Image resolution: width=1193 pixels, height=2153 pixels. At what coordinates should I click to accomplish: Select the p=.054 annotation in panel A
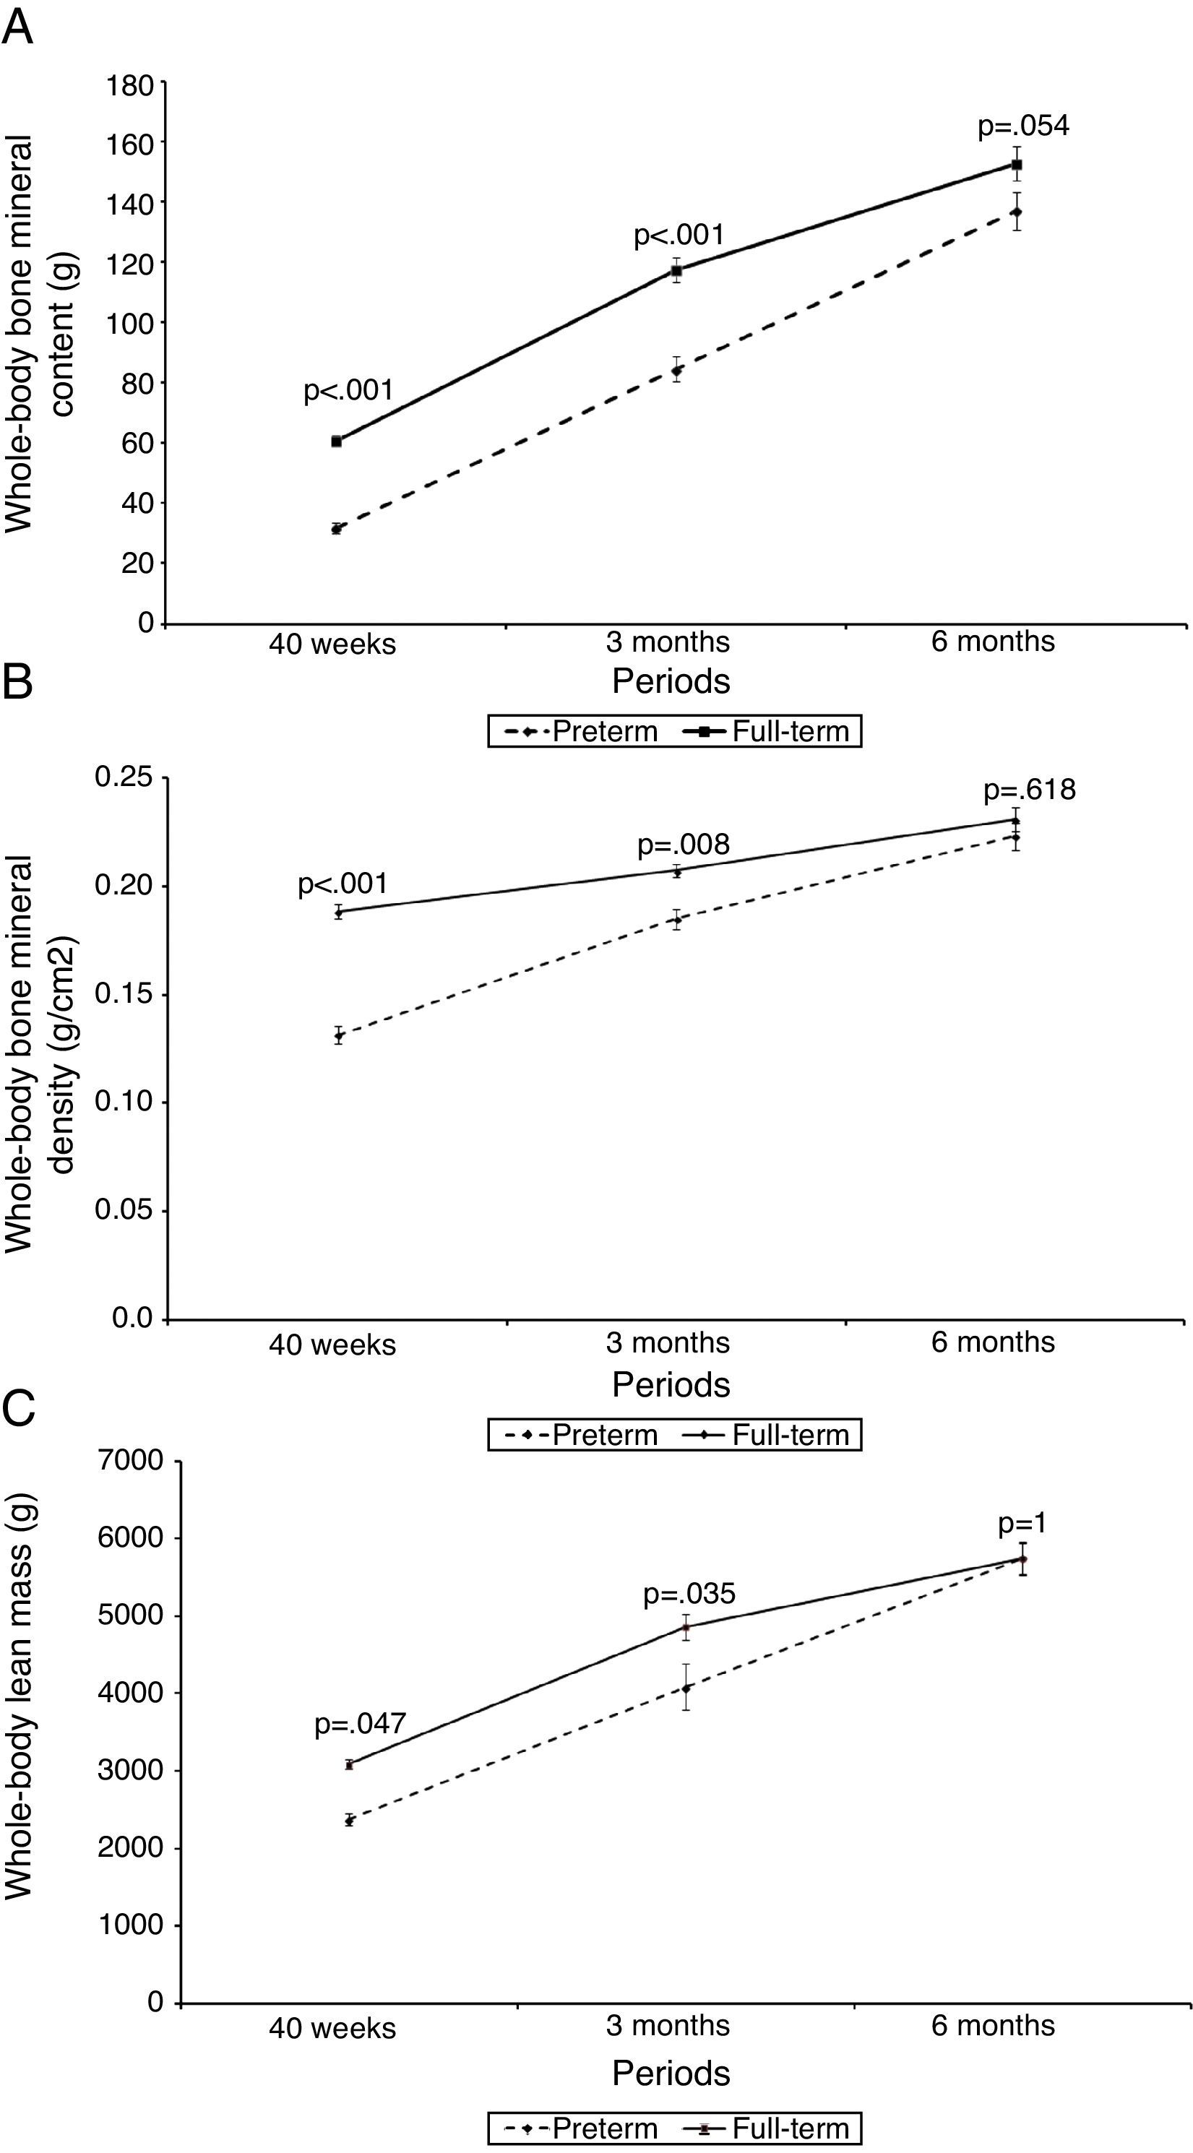(x=1023, y=126)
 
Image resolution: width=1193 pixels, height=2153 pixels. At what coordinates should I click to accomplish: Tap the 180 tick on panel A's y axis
(x=130, y=85)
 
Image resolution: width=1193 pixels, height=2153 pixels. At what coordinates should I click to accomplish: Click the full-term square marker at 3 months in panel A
(x=676, y=270)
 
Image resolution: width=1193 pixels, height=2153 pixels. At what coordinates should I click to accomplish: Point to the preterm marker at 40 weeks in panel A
(x=336, y=528)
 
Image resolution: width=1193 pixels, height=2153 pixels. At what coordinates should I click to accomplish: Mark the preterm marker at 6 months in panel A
(x=1016, y=212)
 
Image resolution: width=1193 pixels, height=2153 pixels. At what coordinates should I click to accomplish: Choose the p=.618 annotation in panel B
(x=1029, y=790)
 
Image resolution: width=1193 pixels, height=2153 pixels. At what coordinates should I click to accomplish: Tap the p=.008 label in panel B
(x=683, y=845)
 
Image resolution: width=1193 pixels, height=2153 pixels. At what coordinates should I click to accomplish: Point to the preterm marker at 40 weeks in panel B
(x=339, y=1036)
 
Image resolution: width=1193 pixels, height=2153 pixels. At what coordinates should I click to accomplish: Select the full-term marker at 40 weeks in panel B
(x=339, y=912)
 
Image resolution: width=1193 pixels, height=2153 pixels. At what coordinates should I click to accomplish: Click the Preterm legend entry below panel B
(x=582, y=1434)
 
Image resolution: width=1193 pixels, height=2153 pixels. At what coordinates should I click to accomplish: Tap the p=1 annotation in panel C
(x=1022, y=1524)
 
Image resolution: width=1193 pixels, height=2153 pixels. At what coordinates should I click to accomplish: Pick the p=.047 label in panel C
(x=359, y=1723)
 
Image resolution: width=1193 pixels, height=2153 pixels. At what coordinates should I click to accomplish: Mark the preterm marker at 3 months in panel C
(x=686, y=1688)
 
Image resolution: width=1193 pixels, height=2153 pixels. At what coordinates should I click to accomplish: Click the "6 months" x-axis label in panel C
(x=992, y=2025)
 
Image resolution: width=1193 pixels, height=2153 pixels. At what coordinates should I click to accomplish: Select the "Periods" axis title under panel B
(x=671, y=1385)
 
